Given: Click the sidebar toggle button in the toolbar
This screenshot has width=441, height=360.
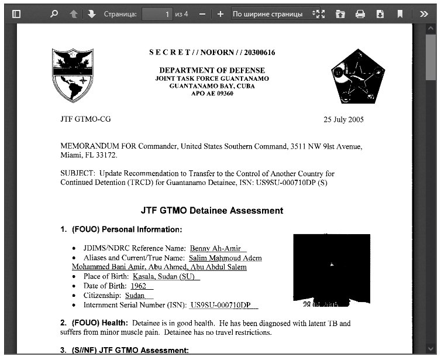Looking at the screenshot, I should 16,14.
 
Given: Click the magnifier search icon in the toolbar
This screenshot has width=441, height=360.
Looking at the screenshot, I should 54,14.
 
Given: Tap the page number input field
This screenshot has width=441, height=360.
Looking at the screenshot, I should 157,14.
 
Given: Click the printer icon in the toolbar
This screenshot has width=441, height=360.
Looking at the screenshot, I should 360,14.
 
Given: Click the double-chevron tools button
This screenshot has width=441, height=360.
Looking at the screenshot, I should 424,14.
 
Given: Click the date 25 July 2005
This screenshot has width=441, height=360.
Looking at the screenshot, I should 343,120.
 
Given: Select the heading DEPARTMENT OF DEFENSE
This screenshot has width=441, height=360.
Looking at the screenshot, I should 212,70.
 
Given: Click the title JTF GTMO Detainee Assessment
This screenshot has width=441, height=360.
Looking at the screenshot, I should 212,211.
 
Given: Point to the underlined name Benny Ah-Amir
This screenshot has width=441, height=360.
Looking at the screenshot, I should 215,249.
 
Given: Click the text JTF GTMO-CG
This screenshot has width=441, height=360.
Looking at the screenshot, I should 85,119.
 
